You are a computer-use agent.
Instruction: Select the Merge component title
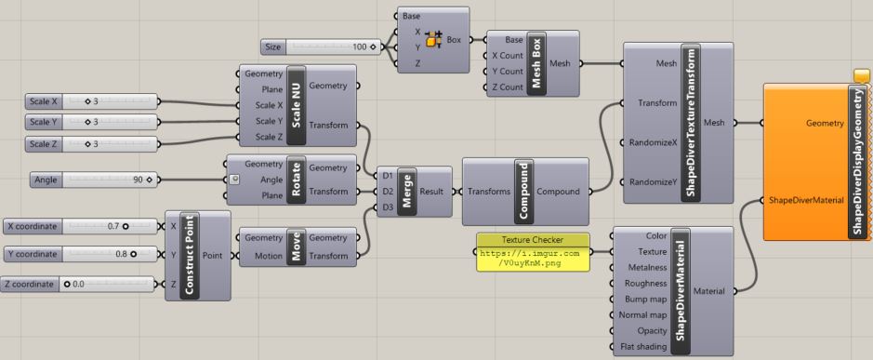(406, 190)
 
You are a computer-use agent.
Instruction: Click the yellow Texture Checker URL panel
(533, 252)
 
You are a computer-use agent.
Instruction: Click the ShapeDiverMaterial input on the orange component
(804, 199)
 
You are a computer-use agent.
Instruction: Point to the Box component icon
(434, 40)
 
